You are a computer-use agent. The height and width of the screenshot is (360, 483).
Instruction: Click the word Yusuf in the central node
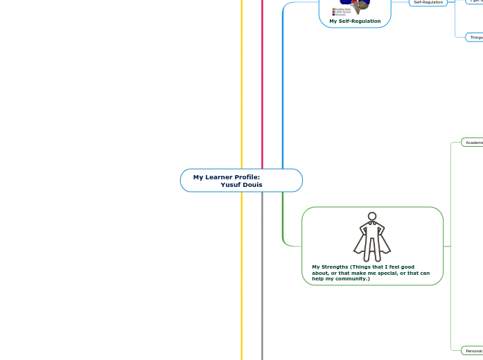230,185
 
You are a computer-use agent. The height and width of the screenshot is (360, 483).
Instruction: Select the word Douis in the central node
252,185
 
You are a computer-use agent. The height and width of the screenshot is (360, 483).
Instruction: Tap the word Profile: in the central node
246,177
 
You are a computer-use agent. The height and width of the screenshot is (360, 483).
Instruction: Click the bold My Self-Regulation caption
355,21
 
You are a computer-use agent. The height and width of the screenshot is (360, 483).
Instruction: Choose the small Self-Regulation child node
428,2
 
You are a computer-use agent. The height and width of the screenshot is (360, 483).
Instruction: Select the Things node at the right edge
475,37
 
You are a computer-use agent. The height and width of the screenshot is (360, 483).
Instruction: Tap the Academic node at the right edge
473,142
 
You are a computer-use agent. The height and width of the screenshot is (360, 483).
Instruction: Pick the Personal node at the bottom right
473,351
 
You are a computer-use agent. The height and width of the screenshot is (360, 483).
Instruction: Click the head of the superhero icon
372,217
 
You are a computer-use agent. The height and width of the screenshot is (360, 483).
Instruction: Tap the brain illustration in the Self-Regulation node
355,6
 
